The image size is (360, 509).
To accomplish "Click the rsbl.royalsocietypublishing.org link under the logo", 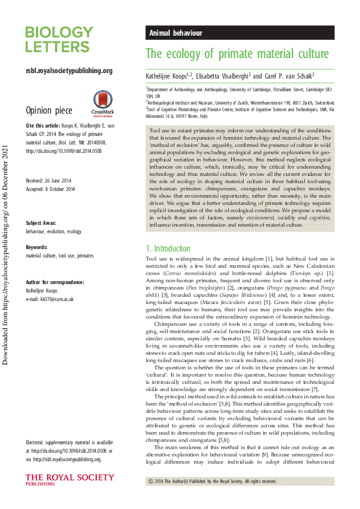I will click(69, 71).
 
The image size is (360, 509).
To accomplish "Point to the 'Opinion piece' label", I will click(48, 111).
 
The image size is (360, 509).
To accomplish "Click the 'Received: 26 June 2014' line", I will click(50, 181).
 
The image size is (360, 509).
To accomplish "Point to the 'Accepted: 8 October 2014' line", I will click(50, 189).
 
